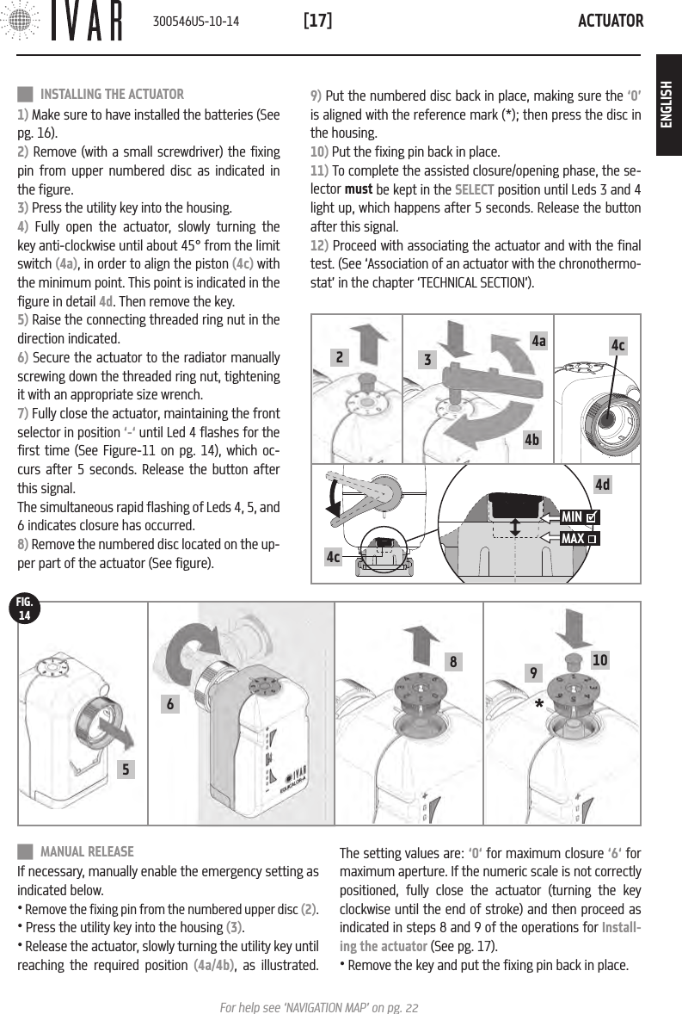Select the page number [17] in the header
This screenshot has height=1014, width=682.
[x=318, y=20]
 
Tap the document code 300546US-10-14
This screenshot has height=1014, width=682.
[x=195, y=21]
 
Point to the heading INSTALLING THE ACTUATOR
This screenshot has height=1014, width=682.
[x=112, y=94]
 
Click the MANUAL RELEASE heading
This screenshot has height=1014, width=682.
[x=87, y=851]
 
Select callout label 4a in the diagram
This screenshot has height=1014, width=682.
[x=539, y=342]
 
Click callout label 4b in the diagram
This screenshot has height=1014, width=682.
[x=532, y=440]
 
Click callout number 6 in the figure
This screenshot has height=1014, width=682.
[x=171, y=704]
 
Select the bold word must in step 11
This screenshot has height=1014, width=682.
[x=357, y=189]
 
